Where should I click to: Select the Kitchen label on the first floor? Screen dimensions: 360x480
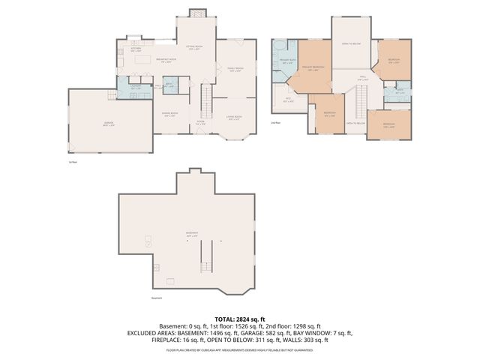point(136,50)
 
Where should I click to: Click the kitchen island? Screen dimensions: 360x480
point(141,61)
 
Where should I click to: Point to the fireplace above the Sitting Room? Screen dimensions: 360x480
point(196,13)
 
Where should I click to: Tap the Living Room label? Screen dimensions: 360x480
point(234,117)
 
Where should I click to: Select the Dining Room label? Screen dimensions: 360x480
point(170,114)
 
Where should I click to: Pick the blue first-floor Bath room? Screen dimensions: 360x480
point(169,87)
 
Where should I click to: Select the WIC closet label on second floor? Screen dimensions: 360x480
point(289,98)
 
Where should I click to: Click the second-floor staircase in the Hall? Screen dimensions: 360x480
point(361,98)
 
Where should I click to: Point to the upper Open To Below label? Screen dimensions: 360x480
point(352,43)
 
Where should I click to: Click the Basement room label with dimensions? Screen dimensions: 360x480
point(191,235)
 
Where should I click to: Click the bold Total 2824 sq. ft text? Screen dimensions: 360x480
point(240,319)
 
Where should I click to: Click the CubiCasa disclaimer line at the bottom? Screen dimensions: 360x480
point(240,350)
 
